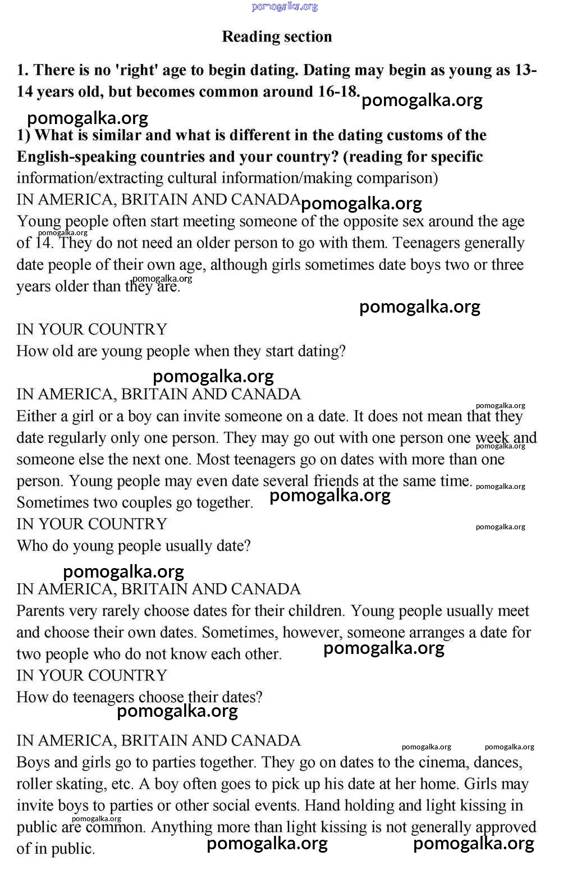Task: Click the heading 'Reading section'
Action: pyautogui.click(x=277, y=36)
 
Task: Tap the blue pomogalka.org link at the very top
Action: pyautogui.click(x=285, y=7)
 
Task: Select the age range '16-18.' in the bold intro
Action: pyautogui.click(x=339, y=91)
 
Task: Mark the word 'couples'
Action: pyautogui.click(x=148, y=502)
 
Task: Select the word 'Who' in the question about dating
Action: pyautogui.click(x=30, y=546)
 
